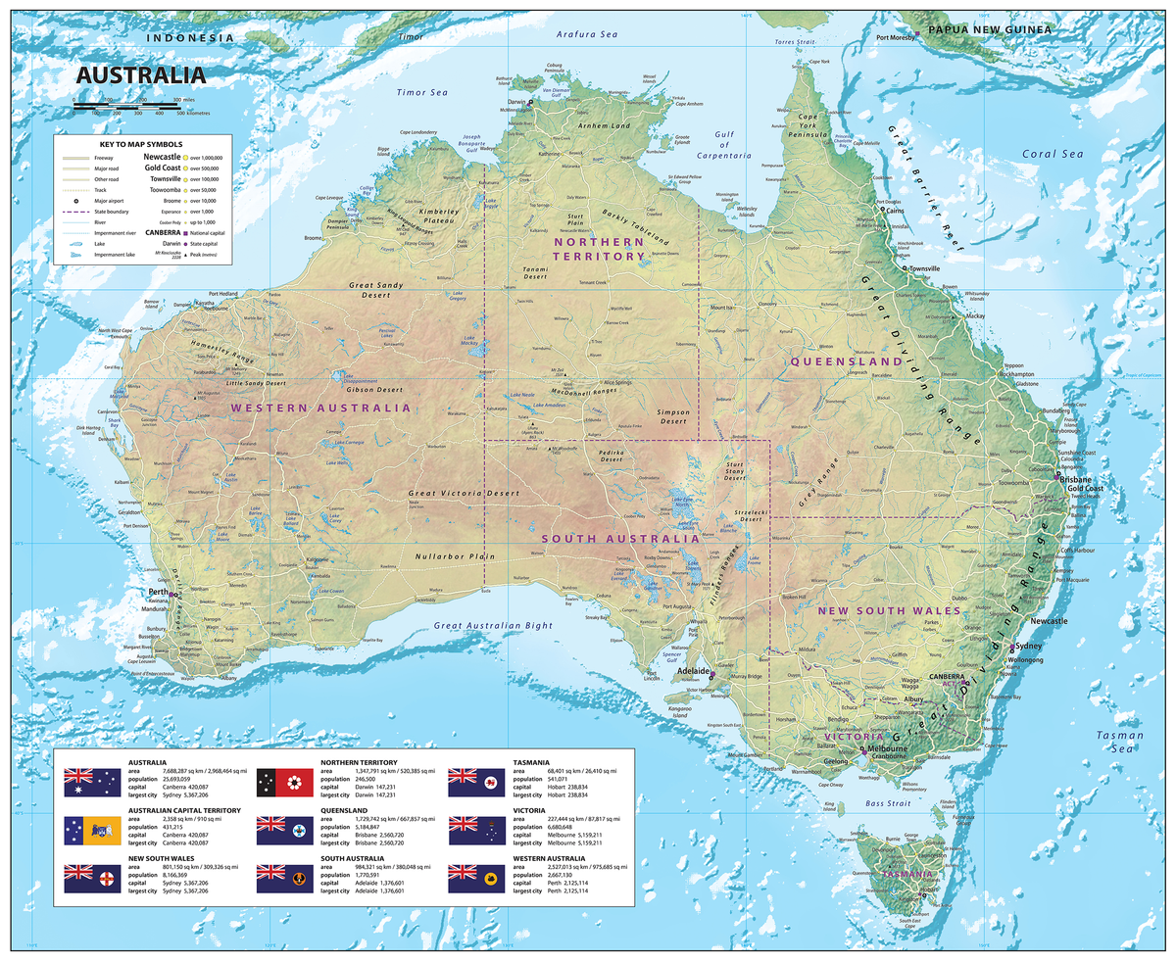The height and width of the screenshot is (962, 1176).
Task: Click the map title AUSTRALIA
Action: tap(141, 75)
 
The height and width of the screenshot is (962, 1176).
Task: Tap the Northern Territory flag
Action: tap(284, 783)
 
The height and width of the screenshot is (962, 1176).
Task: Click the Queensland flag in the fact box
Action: tap(284, 831)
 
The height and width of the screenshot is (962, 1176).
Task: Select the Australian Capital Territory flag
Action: tap(92, 831)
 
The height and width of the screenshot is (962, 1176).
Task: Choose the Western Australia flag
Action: tap(476, 879)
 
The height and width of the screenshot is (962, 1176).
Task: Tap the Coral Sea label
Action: tap(1053, 154)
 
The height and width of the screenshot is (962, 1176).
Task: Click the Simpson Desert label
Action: tap(673, 417)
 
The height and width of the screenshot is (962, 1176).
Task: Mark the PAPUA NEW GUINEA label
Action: tap(989, 30)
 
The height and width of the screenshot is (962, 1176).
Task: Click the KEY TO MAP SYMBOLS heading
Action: tap(142, 144)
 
